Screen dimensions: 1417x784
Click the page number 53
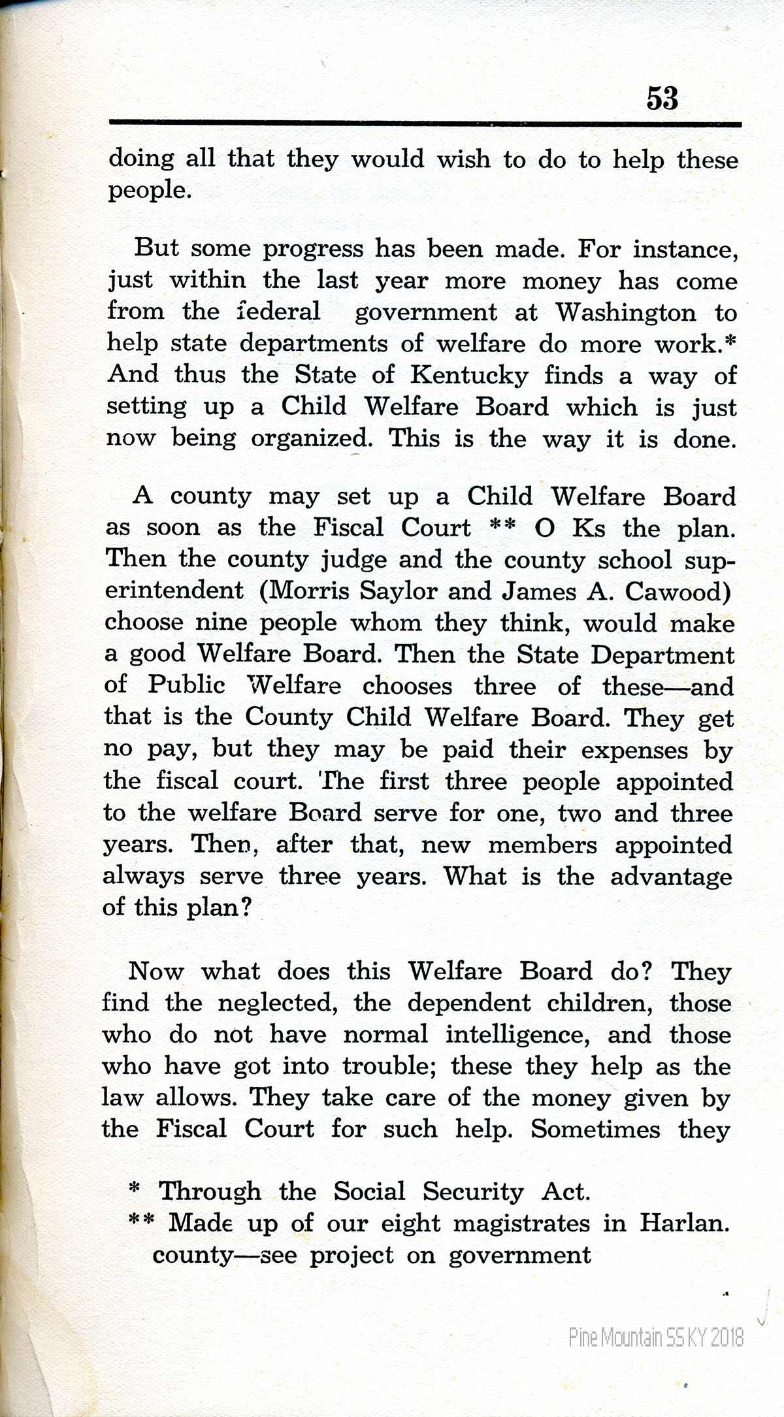(662, 98)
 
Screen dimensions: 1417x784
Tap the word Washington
(626, 312)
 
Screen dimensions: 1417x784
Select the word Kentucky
(468, 375)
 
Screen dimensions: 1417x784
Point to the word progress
(312, 250)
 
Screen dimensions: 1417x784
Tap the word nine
(221, 622)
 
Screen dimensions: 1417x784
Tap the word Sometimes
(595, 1130)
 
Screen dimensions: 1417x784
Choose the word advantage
(671, 877)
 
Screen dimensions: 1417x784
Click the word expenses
(634, 751)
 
